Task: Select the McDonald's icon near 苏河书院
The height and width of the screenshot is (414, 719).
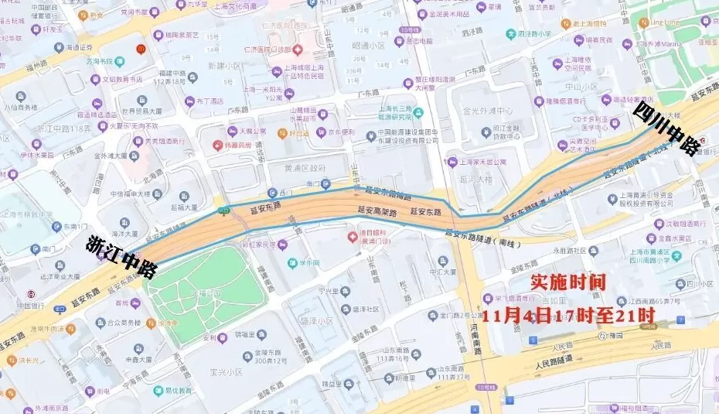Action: coord(140,49)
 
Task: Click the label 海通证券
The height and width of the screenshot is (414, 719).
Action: coord(80,47)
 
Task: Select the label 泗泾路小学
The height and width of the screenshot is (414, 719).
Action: coord(535,34)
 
